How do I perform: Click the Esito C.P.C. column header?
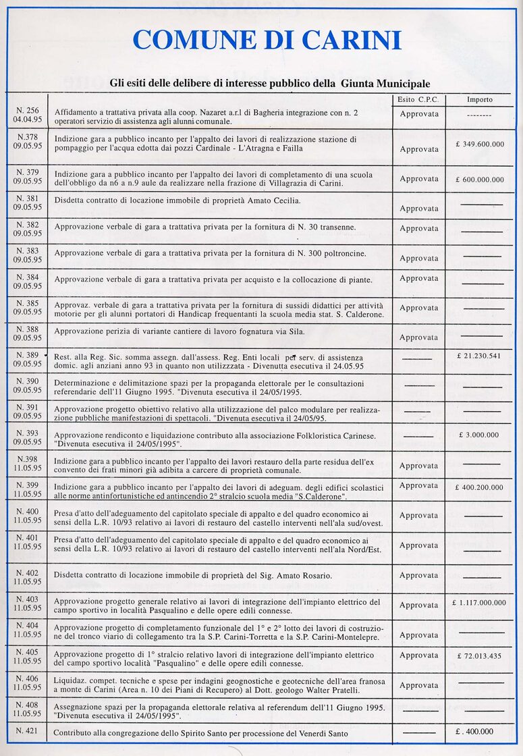pos(418,99)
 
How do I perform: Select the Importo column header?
pos(479,99)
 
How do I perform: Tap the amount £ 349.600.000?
pos(479,144)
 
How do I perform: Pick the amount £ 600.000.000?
pos(479,180)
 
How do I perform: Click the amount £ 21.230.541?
pos(479,355)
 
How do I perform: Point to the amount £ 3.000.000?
pos(479,435)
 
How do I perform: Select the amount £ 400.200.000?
pos(479,487)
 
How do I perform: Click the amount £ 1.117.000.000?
pos(479,602)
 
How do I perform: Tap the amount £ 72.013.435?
pos(479,655)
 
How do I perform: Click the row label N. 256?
pos(28,111)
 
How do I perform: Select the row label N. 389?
pos(28,355)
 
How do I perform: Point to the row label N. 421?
pos(28,730)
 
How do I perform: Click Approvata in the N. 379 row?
pos(418,179)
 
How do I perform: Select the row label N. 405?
pos(28,652)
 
